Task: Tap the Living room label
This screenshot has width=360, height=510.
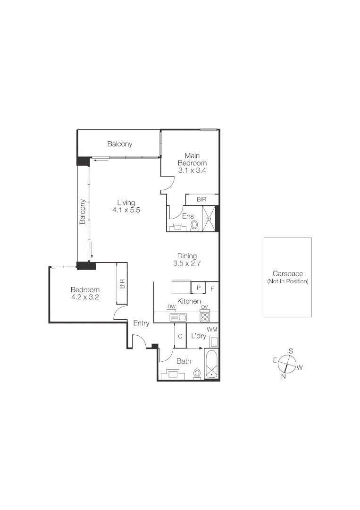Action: click(x=126, y=203)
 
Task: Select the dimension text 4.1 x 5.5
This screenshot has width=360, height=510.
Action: click(x=126, y=210)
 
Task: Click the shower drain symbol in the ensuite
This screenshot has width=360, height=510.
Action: click(x=209, y=219)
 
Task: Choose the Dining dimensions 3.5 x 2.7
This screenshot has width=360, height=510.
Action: click(x=187, y=263)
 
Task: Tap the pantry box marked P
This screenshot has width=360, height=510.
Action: click(x=198, y=288)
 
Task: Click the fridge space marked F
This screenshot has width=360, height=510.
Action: click(x=212, y=288)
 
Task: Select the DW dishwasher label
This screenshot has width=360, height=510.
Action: click(x=171, y=307)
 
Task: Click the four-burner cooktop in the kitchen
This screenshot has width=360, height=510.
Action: click(x=205, y=317)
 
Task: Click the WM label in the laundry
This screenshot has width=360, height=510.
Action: click(x=212, y=329)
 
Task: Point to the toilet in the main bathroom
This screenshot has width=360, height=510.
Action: click(x=197, y=374)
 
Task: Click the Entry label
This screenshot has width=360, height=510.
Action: click(x=141, y=323)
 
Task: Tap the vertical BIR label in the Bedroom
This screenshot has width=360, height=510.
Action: click(x=122, y=284)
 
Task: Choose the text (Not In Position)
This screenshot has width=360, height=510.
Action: click(x=287, y=281)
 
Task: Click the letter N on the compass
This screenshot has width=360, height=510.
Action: click(x=284, y=376)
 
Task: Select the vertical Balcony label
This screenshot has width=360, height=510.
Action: click(x=83, y=211)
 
